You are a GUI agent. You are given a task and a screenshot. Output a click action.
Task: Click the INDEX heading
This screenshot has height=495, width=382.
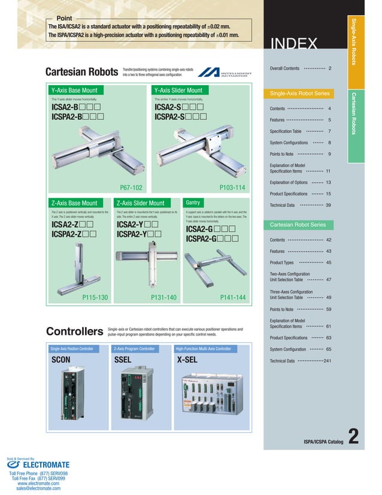(x=294, y=43)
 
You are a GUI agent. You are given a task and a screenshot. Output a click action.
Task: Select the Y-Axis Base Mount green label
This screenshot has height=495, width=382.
(x=74, y=90)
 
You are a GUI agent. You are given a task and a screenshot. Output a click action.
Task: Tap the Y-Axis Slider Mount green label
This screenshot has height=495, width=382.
(x=178, y=90)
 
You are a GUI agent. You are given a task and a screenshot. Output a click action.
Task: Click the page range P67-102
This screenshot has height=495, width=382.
(x=131, y=187)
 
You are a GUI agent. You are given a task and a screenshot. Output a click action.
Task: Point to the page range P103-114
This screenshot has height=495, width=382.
(x=233, y=187)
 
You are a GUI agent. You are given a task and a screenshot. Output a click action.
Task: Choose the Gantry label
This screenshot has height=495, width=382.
(x=193, y=203)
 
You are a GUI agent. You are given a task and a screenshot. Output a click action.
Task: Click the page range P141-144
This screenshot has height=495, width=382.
(x=233, y=297)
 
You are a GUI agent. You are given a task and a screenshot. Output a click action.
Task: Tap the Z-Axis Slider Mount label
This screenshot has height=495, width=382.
(x=140, y=203)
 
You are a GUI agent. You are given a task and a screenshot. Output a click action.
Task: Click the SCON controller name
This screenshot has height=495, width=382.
(x=61, y=360)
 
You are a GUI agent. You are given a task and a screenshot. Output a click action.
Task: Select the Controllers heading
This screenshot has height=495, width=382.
(x=74, y=331)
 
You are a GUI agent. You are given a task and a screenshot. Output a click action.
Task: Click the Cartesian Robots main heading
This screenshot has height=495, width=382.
(x=81, y=72)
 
